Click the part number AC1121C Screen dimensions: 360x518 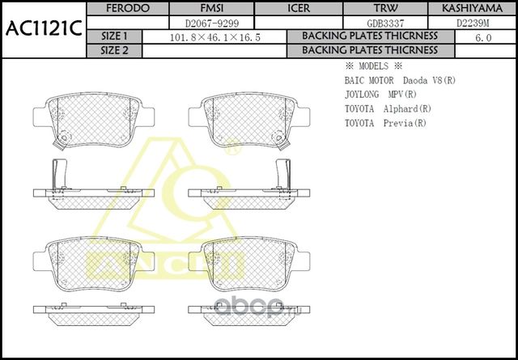43,28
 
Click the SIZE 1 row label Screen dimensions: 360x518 115,36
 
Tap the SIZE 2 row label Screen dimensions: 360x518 115,50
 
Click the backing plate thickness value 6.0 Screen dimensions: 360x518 483,36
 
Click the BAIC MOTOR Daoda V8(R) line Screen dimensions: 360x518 400,81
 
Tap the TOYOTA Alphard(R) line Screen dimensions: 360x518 387,108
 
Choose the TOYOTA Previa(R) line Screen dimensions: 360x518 384,123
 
